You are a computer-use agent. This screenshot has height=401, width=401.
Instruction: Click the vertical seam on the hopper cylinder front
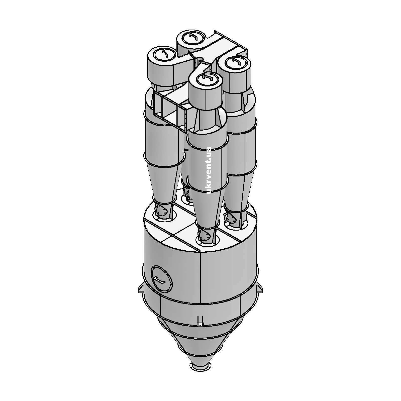point(200,276)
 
